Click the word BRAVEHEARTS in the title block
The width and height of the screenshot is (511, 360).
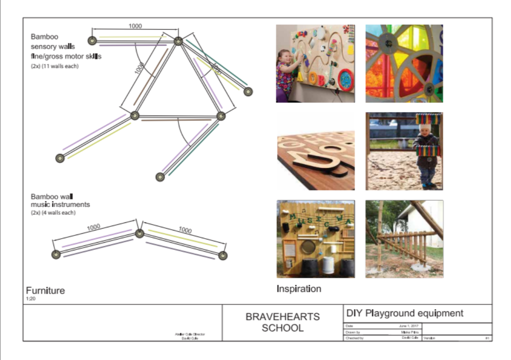tap(282, 317)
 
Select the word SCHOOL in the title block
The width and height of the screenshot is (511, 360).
tap(282, 328)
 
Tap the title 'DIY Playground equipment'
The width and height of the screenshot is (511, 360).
tap(404, 313)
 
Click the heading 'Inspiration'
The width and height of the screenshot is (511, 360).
tap(299, 289)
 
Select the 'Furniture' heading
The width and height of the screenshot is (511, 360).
tap(45, 291)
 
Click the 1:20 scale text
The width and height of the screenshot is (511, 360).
tap(30, 299)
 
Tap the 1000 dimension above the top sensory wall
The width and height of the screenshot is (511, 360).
tap(135, 26)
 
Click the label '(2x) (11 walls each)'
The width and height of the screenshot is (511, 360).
tap(55, 66)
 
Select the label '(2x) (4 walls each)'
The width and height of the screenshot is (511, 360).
tap(53, 212)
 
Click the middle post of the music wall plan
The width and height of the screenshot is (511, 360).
tap(139, 233)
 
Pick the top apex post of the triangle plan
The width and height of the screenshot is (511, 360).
tap(178, 41)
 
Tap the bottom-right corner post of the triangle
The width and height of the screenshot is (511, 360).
tap(221, 116)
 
